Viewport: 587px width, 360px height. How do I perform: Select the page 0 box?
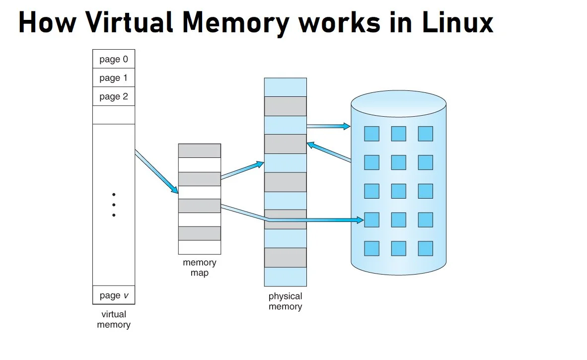[114, 59]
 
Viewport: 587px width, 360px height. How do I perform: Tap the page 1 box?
[114, 77]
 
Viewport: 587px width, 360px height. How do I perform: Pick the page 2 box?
[114, 96]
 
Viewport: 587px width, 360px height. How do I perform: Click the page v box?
[114, 295]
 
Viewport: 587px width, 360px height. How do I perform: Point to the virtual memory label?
[114, 319]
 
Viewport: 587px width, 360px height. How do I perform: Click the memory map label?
[199, 268]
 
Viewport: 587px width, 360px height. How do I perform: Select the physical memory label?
[285, 301]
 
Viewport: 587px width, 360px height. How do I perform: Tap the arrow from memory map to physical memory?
[242, 170]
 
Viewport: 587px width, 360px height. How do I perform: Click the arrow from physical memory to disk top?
[328, 127]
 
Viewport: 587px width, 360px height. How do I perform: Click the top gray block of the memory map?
[199, 151]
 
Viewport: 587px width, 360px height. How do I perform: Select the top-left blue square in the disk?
[371, 134]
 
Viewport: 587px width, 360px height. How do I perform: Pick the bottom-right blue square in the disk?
[425, 248]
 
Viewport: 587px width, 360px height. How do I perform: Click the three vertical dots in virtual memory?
[114, 205]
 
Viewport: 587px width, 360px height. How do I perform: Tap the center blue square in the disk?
[398, 191]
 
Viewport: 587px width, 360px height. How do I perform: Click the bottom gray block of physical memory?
[285, 257]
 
